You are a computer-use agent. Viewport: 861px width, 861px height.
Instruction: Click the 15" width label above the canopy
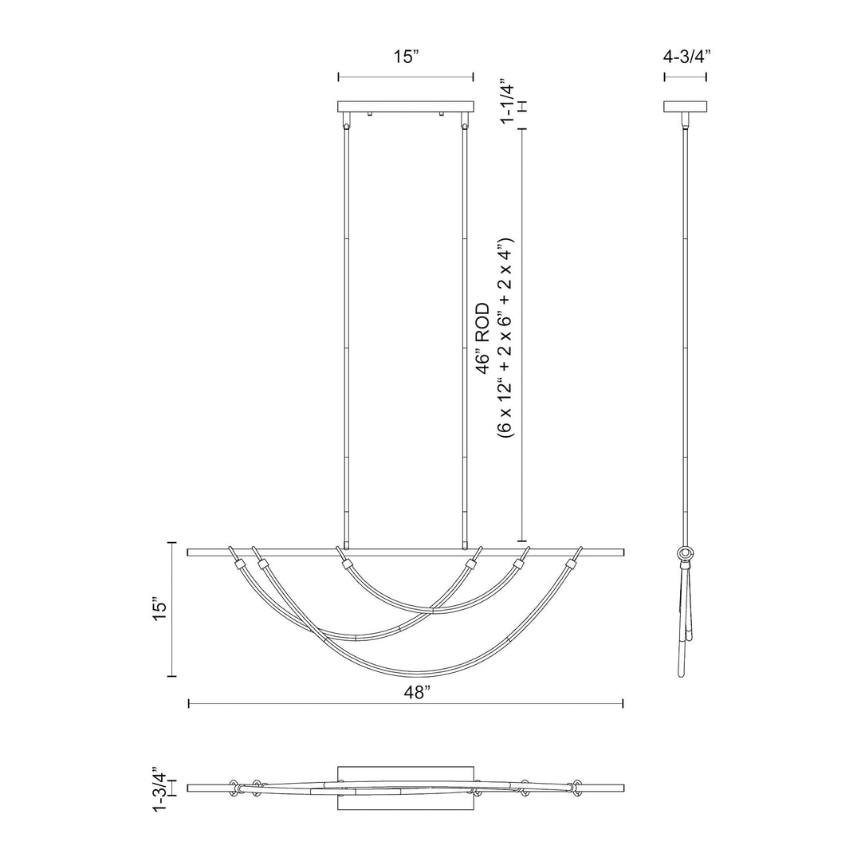pyautogui.click(x=406, y=57)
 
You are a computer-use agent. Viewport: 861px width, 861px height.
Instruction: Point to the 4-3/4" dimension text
pyautogui.click(x=686, y=57)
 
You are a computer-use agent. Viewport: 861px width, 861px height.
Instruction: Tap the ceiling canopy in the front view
pyautogui.click(x=406, y=106)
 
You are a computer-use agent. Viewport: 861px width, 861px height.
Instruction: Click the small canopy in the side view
pyautogui.click(x=686, y=106)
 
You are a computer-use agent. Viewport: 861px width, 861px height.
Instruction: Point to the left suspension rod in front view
pyautogui.click(x=345, y=335)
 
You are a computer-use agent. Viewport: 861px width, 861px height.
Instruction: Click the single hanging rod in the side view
pyautogui.click(x=686, y=335)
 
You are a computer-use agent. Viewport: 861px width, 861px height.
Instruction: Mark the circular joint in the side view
pyautogui.click(x=685, y=553)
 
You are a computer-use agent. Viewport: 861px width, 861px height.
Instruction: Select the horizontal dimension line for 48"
pyautogui.click(x=406, y=703)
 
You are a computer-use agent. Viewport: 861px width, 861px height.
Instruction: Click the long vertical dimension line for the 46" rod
pyautogui.click(x=522, y=335)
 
